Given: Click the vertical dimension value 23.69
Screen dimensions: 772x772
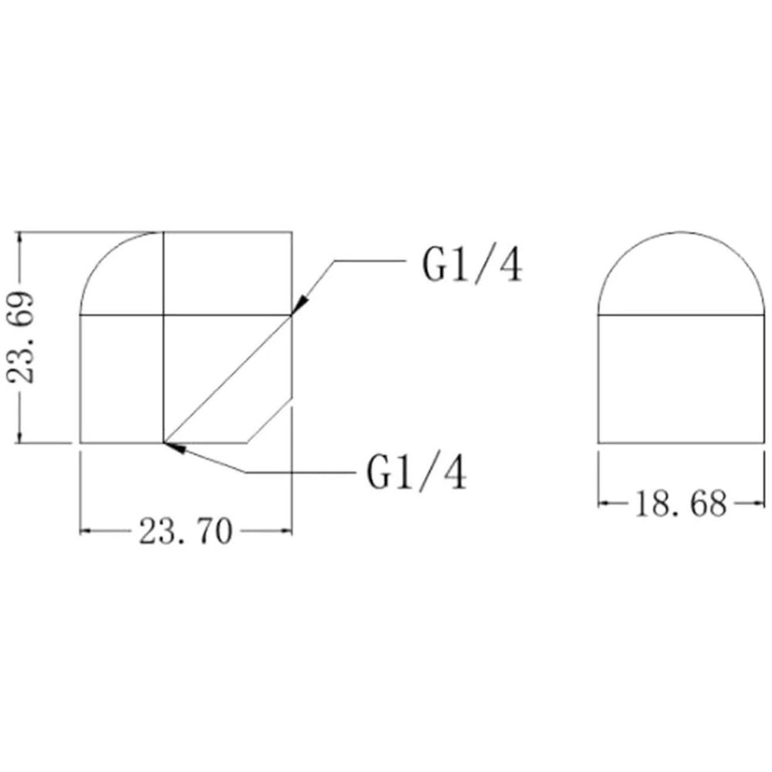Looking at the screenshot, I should [22, 337].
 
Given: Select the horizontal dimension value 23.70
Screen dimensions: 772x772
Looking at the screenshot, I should [185, 532].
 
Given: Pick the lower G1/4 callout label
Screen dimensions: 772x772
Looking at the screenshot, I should [417, 472].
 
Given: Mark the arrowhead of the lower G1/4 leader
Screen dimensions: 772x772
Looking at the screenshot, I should [174, 446].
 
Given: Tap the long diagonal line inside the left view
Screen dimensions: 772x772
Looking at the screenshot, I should [228, 378].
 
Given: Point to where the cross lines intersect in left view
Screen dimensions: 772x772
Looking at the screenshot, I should [163, 315].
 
